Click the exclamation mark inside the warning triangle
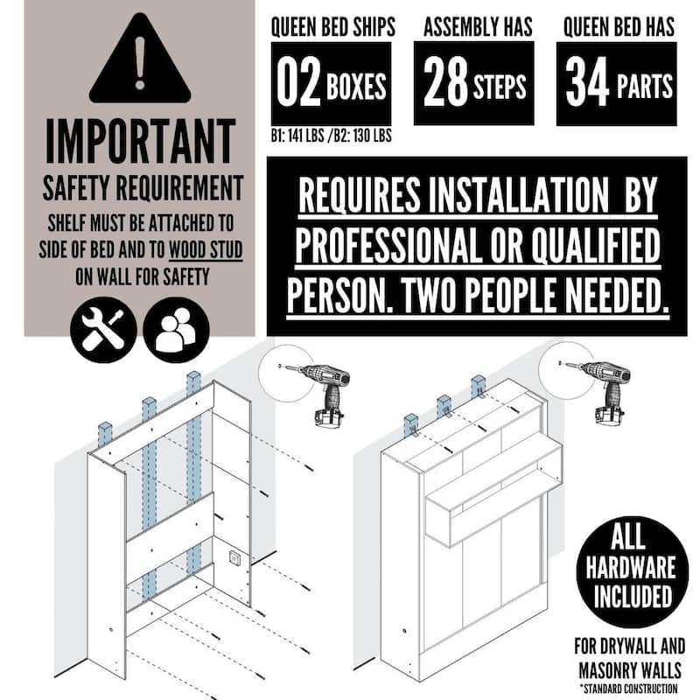[140, 62]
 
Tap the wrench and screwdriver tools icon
[103, 330]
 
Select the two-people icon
[176, 330]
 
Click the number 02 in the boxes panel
[298, 82]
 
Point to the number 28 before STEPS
[445, 82]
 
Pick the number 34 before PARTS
[587, 82]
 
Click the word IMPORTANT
[141, 142]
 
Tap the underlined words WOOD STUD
[206, 250]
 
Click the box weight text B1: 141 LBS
[297, 136]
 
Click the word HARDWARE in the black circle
[630, 567]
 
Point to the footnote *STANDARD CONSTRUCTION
[628, 689]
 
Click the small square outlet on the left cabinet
[234, 557]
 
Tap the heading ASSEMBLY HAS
[478, 27]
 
